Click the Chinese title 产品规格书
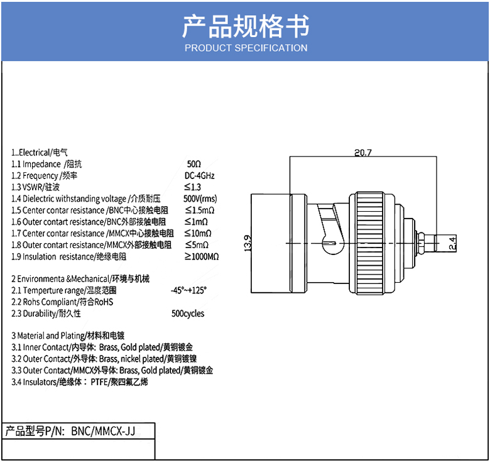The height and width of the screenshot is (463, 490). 246,26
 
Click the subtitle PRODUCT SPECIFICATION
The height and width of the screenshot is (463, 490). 246,48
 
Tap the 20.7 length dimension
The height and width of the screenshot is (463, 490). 363,152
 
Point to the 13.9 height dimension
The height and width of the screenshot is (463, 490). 248,243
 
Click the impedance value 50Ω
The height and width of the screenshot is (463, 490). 194,164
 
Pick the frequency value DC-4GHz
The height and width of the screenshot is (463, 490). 200,175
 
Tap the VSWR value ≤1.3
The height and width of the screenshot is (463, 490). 192,187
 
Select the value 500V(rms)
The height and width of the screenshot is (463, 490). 200,199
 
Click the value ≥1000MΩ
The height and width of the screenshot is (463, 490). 202,256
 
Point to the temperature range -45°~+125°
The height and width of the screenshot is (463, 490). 188,290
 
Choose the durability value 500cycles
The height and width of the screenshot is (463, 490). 188,313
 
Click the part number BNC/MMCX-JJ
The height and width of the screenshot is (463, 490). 103,431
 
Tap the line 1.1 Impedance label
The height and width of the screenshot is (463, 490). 38,164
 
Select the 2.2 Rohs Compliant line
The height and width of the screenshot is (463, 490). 63,302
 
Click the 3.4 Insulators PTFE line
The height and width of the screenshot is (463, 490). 80,382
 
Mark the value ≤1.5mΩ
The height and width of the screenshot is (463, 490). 199,210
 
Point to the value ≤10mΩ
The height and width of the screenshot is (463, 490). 198,233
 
